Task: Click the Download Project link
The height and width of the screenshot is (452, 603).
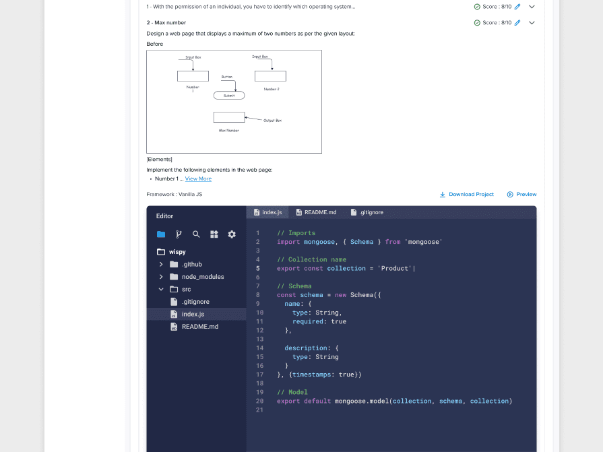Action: coord(467,195)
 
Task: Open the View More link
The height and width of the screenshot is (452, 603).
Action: coord(198,179)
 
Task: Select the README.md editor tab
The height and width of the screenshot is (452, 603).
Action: coord(316,212)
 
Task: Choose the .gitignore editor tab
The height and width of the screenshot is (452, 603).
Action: coord(367,212)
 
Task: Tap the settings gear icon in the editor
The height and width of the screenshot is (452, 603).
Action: coord(232,234)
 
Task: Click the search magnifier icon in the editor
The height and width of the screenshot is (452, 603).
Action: coord(196,234)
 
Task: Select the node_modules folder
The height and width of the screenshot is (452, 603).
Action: coord(202,277)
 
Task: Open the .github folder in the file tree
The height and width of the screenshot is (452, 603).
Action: coord(191,265)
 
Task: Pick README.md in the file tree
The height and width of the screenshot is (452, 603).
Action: coord(199,327)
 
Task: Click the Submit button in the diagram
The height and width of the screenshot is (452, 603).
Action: coord(229,96)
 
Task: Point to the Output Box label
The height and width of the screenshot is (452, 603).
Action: coord(272,120)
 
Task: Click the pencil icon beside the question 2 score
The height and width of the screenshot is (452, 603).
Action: coord(517,23)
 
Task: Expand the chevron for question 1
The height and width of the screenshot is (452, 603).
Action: coord(532,7)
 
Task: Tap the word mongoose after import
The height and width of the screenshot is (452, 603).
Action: coord(319,242)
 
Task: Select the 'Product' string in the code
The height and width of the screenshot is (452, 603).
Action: coord(396,269)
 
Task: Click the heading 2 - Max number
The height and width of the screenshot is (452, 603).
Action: coord(166,23)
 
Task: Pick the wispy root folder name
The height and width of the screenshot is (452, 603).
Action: coord(177,252)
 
